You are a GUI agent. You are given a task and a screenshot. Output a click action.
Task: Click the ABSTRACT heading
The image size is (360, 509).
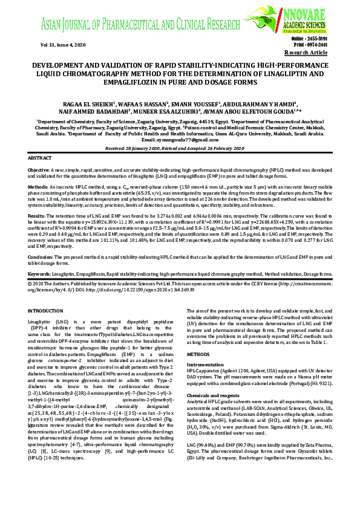point(40,158)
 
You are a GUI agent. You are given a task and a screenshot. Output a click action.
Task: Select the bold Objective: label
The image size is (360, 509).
point(39,170)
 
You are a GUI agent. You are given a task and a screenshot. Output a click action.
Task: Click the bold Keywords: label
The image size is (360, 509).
point(39,274)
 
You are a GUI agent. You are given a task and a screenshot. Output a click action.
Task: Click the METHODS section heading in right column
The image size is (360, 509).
point(198,354)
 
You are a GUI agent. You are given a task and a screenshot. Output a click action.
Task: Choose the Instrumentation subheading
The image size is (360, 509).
point(205,365)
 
